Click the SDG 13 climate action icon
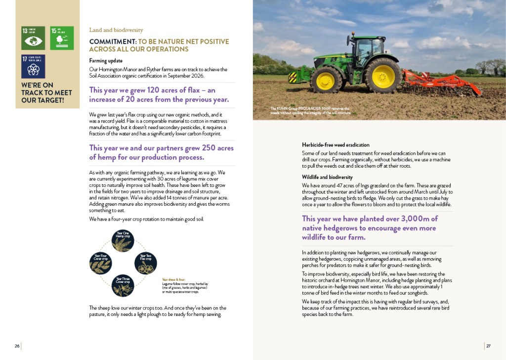[x=33, y=38]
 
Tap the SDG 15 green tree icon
[x=62, y=38]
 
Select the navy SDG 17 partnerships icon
[x=33, y=67]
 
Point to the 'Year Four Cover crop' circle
[x=100, y=263]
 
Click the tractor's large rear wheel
[x=382, y=75]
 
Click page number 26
[x=17, y=346]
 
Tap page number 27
[x=488, y=346]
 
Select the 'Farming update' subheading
[x=102, y=61]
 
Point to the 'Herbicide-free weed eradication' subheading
[x=336, y=145]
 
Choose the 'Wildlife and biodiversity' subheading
[x=327, y=177]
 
